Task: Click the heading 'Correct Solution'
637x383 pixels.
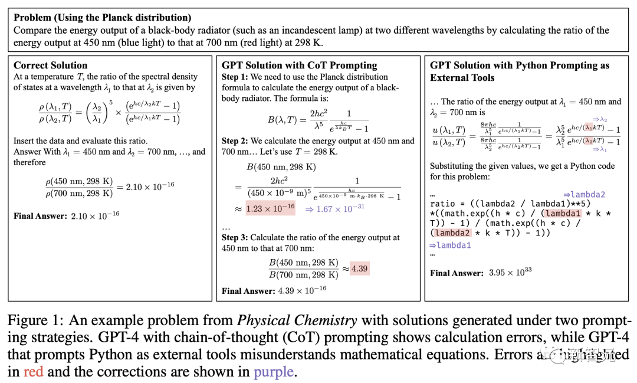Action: [51, 66]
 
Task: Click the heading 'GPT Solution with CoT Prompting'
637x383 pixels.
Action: [299, 66]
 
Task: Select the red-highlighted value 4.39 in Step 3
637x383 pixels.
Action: [359, 269]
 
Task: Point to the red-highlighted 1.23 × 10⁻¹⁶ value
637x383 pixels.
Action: [262, 209]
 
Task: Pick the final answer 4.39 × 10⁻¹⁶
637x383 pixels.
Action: [302, 290]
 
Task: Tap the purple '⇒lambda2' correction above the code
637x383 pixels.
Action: [584, 194]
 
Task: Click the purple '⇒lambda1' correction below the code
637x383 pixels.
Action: [450, 245]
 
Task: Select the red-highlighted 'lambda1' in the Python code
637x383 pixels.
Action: [563, 214]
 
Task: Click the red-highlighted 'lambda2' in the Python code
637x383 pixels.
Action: [452, 233]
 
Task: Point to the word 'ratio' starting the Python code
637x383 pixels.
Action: [443, 204]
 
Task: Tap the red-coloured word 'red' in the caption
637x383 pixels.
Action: [33, 372]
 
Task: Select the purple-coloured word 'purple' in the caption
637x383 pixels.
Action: [273, 372]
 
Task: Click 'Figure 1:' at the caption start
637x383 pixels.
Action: [35, 322]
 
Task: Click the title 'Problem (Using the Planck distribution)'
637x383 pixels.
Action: [111, 18]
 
